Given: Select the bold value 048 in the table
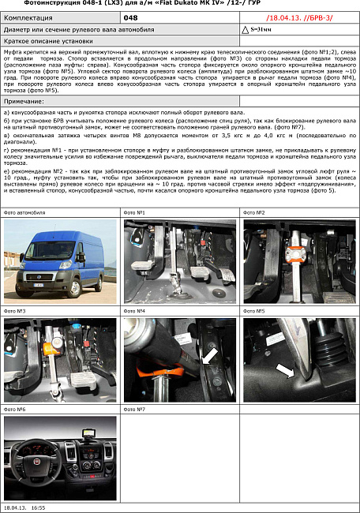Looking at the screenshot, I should [x=131, y=17].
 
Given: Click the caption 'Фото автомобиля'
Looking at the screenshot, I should [x=25, y=213].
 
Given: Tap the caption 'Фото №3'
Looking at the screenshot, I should [x=16, y=311].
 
